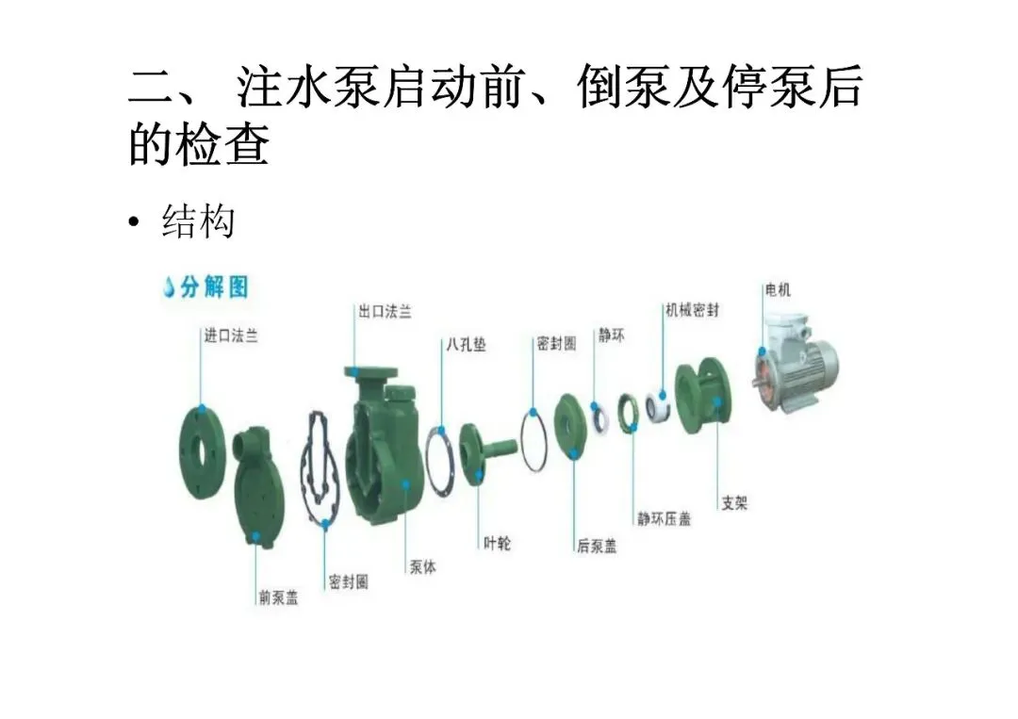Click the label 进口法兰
pos(231,335)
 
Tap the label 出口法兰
pos(385,311)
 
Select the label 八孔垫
pos(466,345)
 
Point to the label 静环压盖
pos(664,518)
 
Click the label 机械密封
pos(692,310)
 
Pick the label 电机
pos(778,289)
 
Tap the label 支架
pos(734,503)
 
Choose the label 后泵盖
pos(597,546)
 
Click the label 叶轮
pos(497,543)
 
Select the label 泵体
pos(422,567)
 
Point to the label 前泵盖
pos(278,596)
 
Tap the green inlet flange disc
pos(204,441)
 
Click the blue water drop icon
pos(169,287)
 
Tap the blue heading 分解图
pos(214,287)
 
